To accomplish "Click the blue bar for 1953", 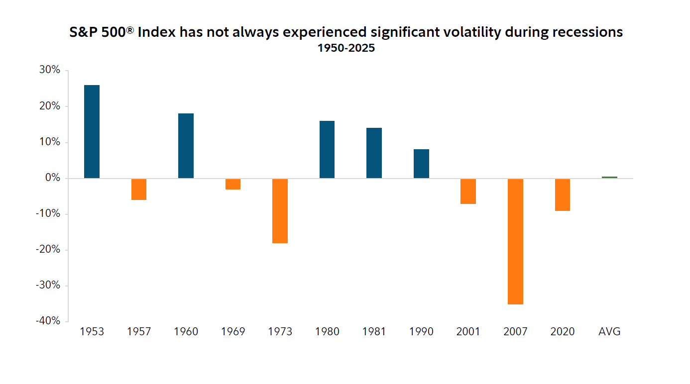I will point(92,132).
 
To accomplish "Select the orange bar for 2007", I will point(515,241).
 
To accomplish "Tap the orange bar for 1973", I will point(280,211).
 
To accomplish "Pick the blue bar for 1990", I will point(421,164).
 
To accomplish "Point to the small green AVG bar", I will point(609,177).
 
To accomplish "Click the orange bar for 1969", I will point(232,184).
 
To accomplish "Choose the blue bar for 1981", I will point(374,153).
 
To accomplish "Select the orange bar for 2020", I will point(563,194).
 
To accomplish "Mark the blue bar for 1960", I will point(186,146).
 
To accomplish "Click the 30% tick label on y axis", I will point(49,71).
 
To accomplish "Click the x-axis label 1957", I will point(139,332).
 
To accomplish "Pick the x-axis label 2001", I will point(468,332).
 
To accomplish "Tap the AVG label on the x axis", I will point(609,332).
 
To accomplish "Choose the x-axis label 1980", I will point(327,332).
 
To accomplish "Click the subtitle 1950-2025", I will point(346,48).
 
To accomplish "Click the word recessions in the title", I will point(582,32).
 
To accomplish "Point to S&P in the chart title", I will point(82,32).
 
